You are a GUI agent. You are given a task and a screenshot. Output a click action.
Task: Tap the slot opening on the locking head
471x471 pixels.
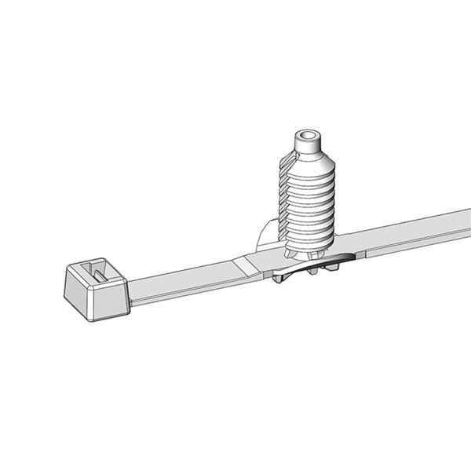[x=97, y=272]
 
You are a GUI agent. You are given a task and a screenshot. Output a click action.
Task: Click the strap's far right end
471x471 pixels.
[x=466, y=219]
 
